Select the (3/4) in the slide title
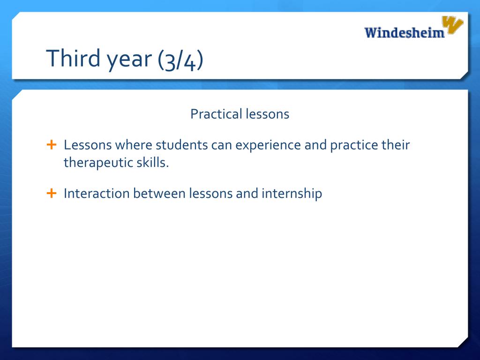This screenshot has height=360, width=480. tap(180, 60)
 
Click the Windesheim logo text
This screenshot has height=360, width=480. tap(404, 32)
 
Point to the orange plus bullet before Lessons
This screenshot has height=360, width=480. tap(52, 144)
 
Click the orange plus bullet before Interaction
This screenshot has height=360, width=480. tap(52, 193)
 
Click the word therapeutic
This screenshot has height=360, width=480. tap(98, 163)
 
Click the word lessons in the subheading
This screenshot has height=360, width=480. tap(267, 114)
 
